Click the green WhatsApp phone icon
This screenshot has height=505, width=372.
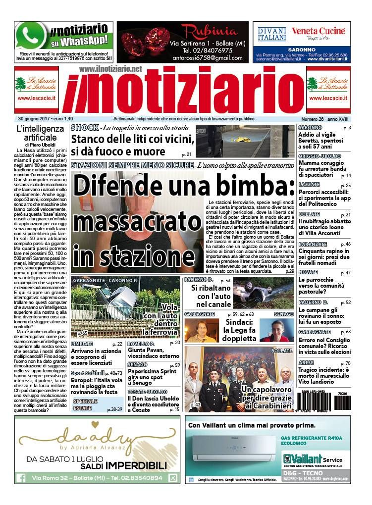[31, 36]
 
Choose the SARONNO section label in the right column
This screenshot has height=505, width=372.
[310, 128]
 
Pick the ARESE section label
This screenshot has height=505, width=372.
[306, 363]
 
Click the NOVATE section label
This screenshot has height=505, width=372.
[308, 272]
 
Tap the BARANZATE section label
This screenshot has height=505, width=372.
[313, 244]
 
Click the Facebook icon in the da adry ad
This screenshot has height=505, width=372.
[21, 478]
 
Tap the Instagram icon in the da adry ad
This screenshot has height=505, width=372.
[173, 478]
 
